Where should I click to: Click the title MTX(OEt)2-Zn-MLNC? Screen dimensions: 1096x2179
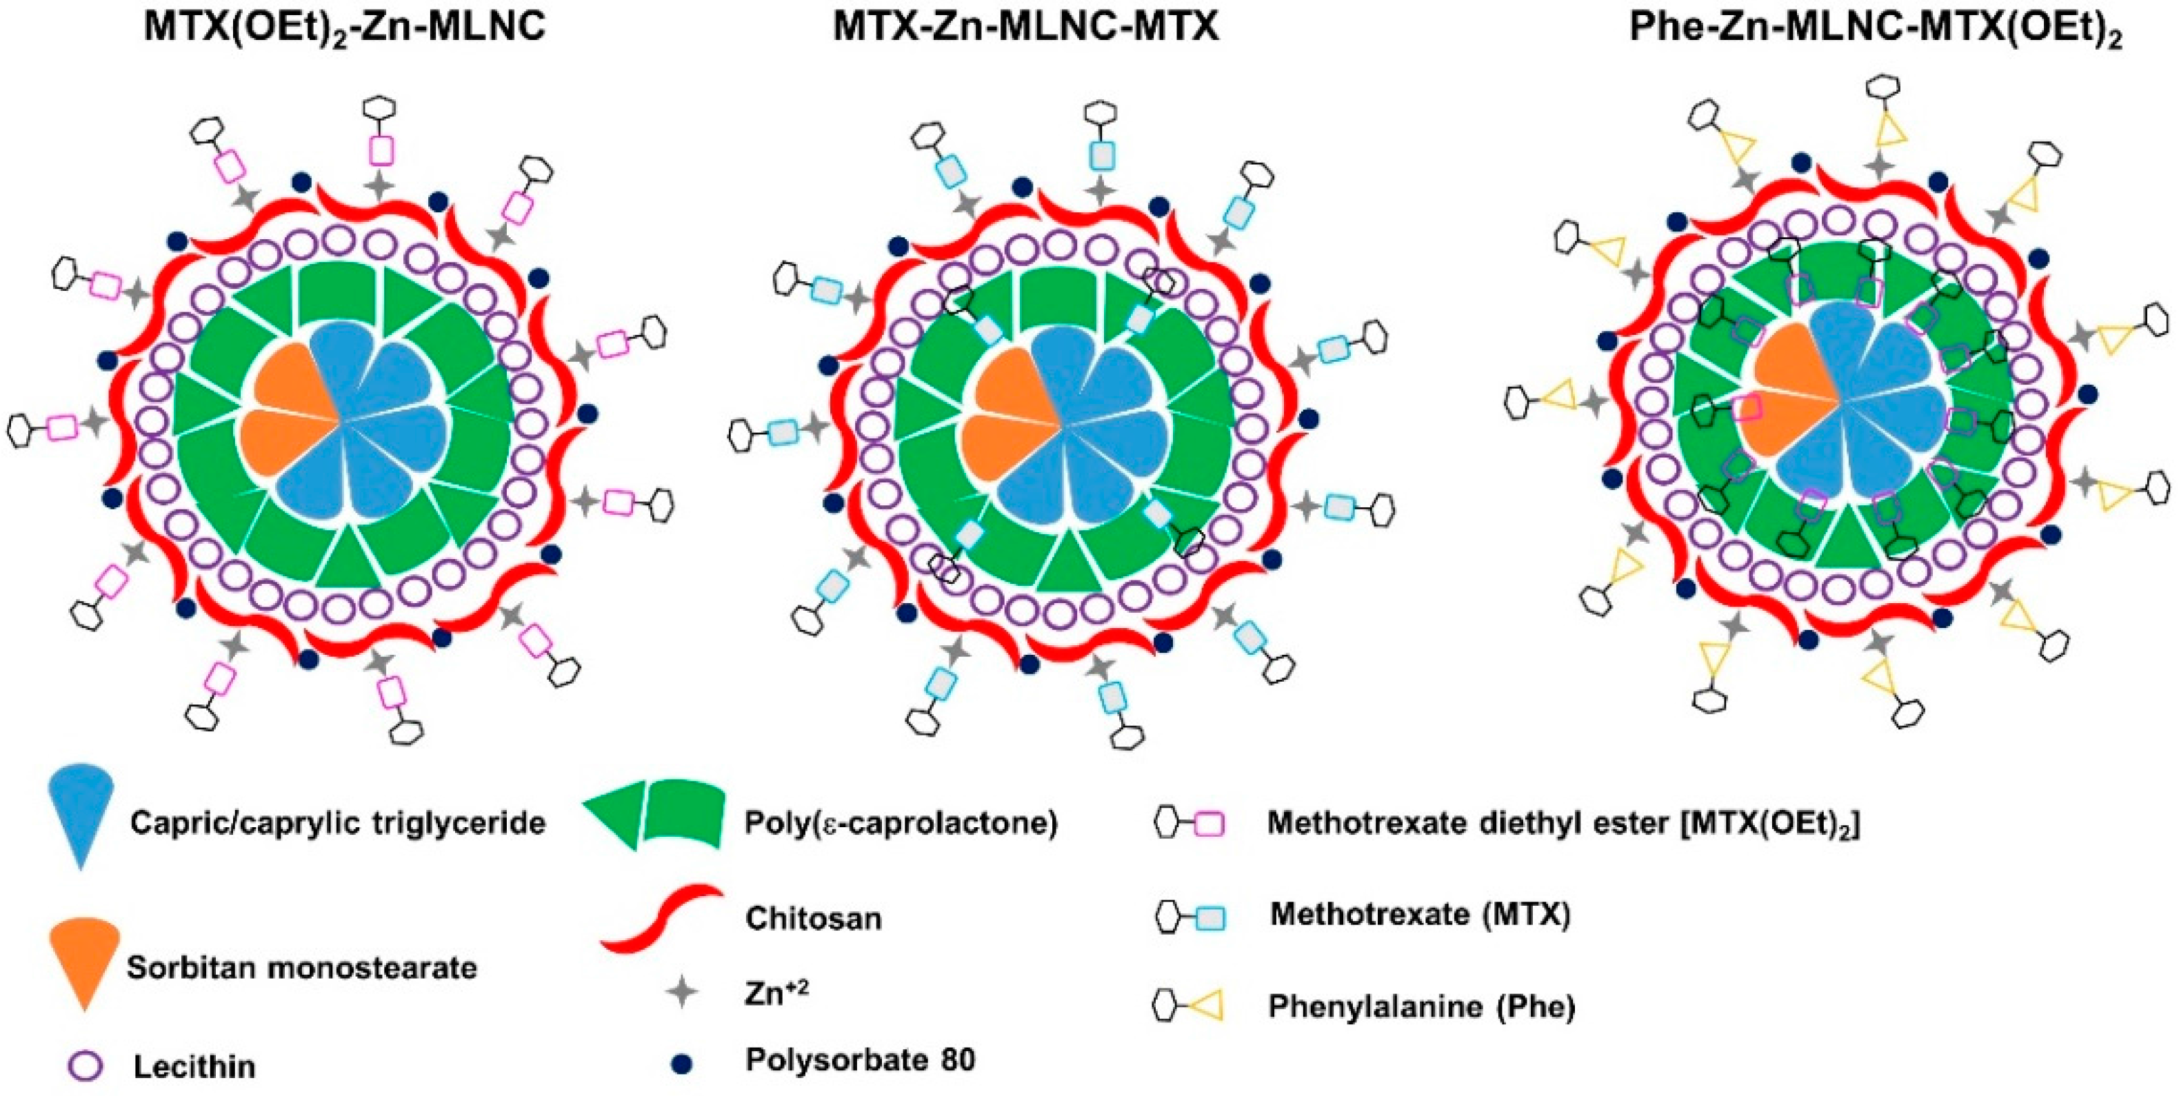[344, 27]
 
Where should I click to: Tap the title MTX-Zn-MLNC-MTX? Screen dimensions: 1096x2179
[1026, 27]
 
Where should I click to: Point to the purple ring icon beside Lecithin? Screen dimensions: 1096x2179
[85, 1066]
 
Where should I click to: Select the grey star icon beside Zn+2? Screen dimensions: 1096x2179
[681, 991]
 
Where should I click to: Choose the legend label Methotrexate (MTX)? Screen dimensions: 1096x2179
[1419, 915]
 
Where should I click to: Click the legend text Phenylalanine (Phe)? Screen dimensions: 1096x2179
[1421, 1006]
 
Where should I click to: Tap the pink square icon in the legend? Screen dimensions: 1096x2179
[1210, 824]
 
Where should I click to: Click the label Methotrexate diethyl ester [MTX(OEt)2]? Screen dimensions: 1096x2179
[1563, 823]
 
